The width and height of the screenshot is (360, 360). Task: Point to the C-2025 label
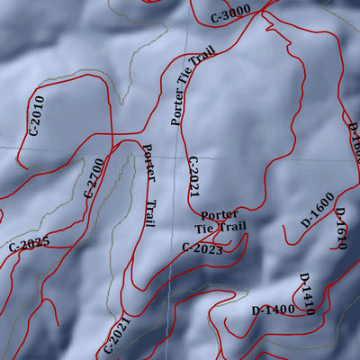click(x=29, y=242)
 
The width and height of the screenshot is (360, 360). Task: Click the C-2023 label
click(x=202, y=247)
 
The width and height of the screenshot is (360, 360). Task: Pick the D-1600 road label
click(x=317, y=208)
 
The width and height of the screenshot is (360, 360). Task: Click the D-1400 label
click(x=274, y=310)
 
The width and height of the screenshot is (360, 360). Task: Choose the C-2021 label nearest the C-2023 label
click(x=193, y=176)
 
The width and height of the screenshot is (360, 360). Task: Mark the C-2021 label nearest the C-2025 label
click(x=113, y=334)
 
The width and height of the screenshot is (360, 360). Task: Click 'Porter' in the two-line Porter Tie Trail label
click(x=219, y=215)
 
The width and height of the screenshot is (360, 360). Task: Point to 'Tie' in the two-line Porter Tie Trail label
click(x=206, y=229)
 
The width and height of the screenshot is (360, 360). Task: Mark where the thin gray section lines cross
click(x=186, y=145)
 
